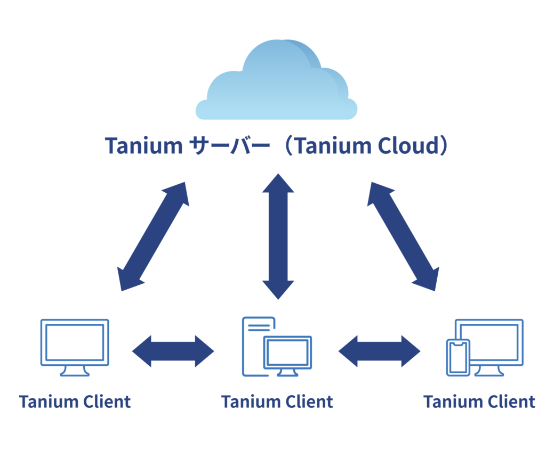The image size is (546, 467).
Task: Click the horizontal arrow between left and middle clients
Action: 173,351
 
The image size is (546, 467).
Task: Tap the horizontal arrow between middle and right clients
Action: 379,351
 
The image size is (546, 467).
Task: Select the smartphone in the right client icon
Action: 458,357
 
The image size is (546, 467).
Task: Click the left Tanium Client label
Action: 75,402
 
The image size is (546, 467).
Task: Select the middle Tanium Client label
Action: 277,402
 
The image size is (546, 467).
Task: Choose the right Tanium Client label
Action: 479,402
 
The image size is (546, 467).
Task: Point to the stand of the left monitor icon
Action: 75,371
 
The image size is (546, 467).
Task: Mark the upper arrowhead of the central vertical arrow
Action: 278,183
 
